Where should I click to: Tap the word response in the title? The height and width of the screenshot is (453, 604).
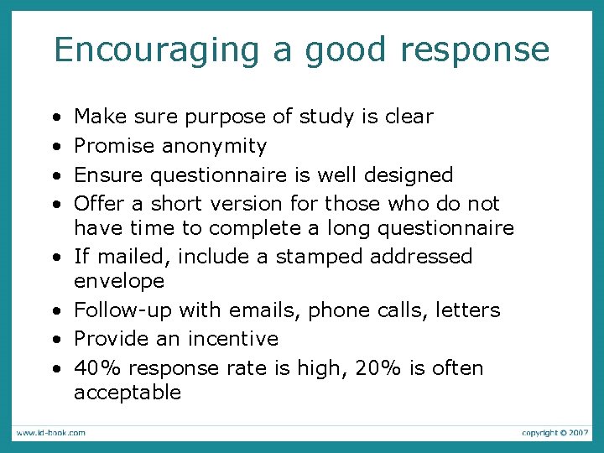coord(475,50)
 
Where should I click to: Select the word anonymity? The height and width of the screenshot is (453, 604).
coord(214,146)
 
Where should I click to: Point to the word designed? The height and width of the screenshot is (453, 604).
coord(409,175)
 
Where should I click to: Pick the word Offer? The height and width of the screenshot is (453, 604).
coord(99,204)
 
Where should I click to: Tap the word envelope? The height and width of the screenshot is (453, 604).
coord(119,280)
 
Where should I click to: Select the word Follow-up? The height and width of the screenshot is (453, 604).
coord(123,310)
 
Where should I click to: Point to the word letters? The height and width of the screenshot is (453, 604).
coord(467,310)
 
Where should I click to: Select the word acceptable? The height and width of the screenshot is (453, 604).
coord(128,393)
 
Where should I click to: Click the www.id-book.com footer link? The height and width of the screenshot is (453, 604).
coord(49,433)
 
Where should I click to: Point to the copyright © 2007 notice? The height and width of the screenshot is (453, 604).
coord(555,433)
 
